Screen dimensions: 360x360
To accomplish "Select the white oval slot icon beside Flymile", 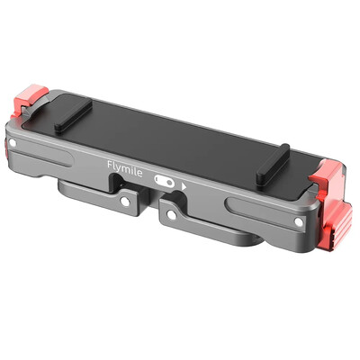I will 164,180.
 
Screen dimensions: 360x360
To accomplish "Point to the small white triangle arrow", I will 184,186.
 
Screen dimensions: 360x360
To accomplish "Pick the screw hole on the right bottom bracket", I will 169,214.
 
